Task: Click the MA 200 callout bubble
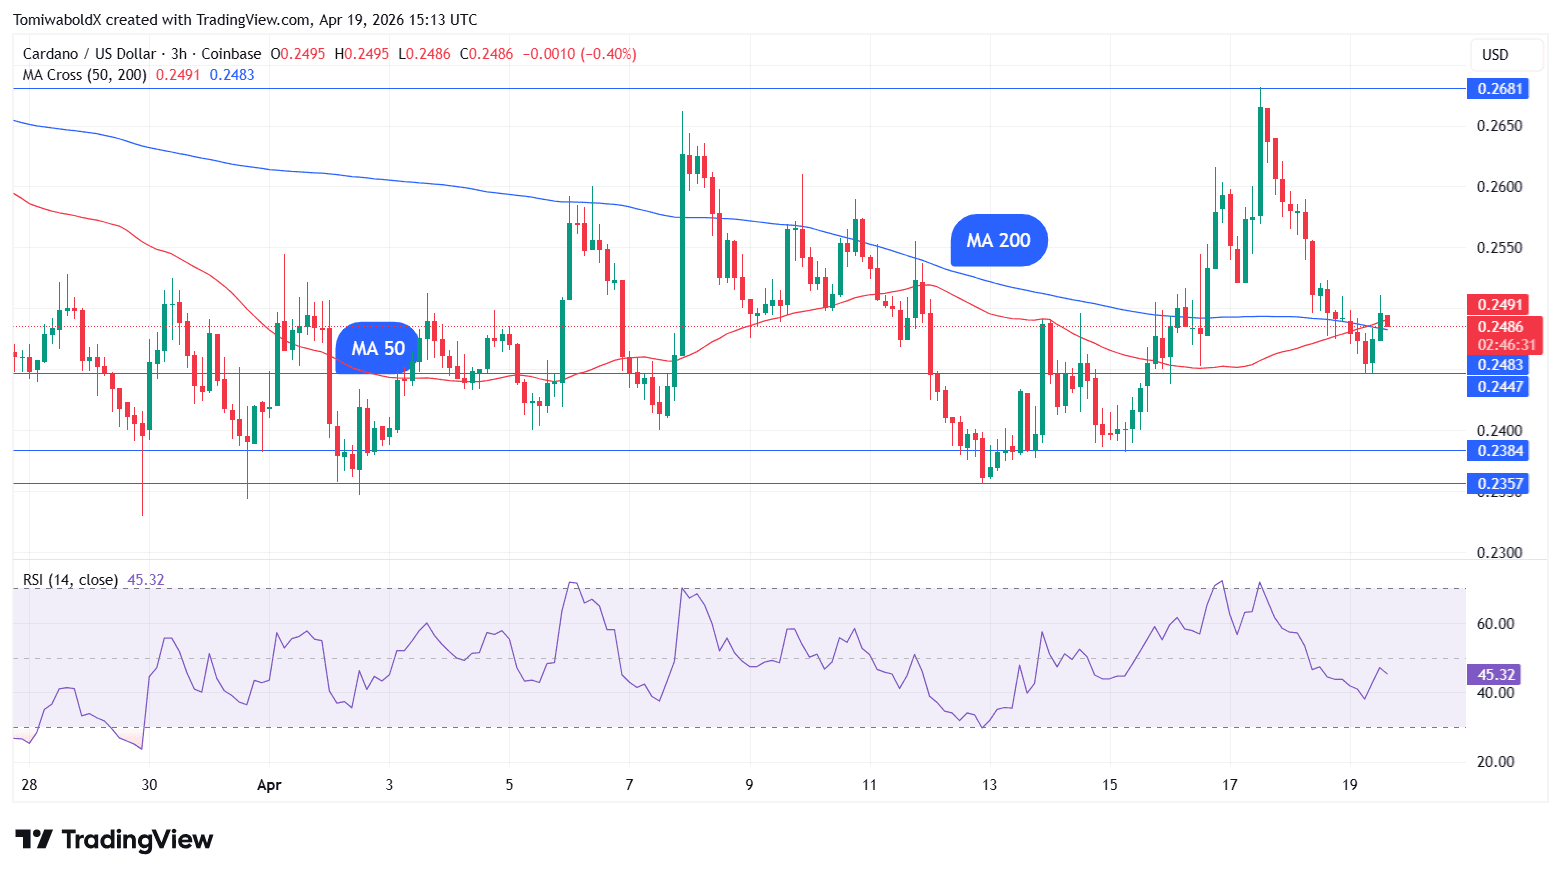[x=998, y=240]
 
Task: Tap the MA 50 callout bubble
[x=378, y=348]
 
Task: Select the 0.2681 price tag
[x=1500, y=89]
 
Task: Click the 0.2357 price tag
[x=1500, y=484]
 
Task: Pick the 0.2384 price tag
[x=1500, y=451]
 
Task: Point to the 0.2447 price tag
[x=1500, y=386]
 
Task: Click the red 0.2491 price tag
[x=1500, y=305]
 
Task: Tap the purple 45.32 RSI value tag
[x=1496, y=675]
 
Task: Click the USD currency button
[x=1495, y=55]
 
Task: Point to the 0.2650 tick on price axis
[x=1500, y=126]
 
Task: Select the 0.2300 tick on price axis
[x=1500, y=553]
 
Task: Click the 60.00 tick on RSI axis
[x=1495, y=624]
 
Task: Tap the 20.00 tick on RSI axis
[x=1495, y=762]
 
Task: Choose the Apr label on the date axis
[x=269, y=785]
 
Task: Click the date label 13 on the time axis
[x=989, y=785]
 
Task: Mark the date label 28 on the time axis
[x=29, y=785]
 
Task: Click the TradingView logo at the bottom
[x=114, y=840]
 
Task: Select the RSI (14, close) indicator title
[x=70, y=580]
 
